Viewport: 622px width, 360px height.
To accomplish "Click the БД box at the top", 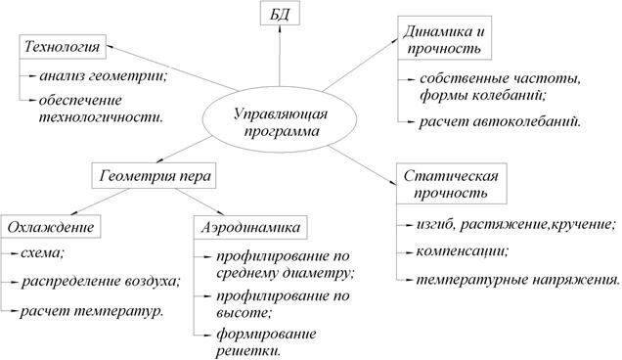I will (281, 15).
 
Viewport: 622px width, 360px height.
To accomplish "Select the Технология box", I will (59, 47).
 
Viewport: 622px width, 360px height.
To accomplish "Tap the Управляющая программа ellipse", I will (283, 122).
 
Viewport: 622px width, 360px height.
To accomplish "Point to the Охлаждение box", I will (51, 228).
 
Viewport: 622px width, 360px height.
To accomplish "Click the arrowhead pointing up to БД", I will (281, 35).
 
